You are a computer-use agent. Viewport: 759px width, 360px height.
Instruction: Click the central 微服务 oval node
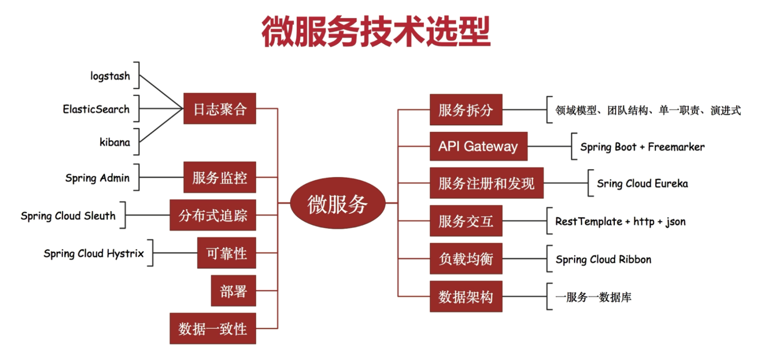click(337, 203)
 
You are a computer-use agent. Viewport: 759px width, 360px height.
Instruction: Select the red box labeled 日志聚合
click(219, 109)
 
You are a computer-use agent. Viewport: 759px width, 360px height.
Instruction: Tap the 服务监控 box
click(219, 177)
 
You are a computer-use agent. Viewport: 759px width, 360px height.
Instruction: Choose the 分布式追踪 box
click(213, 215)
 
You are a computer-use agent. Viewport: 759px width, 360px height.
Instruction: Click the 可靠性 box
click(226, 253)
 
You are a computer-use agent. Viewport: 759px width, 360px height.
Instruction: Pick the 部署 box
click(233, 291)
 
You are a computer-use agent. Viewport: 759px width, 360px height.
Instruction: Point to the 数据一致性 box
click(213, 329)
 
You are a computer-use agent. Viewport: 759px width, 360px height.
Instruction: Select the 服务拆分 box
click(466, 110)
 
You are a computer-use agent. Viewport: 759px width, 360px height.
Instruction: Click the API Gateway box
click(478, 146)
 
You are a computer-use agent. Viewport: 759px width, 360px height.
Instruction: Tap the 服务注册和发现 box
click(486, 183)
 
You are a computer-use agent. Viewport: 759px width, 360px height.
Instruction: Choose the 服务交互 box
click(466, 221)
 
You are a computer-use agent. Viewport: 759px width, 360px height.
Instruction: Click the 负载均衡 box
click(466, 259)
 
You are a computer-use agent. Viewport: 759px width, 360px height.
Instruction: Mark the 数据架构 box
click(466, 297)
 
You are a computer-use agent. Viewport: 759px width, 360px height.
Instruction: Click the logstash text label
click(110, 76)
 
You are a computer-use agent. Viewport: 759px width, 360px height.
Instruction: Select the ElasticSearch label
click(96, 109)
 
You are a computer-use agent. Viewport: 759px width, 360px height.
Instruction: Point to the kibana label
click(115, 142)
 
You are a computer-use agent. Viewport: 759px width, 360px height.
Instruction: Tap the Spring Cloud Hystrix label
click(94, 254)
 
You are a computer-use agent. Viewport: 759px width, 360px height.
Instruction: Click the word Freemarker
click(676, 147)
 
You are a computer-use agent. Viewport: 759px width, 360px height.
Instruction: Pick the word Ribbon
click(635, 259)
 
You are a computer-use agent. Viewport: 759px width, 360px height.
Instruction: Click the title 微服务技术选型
click(376, 32)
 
